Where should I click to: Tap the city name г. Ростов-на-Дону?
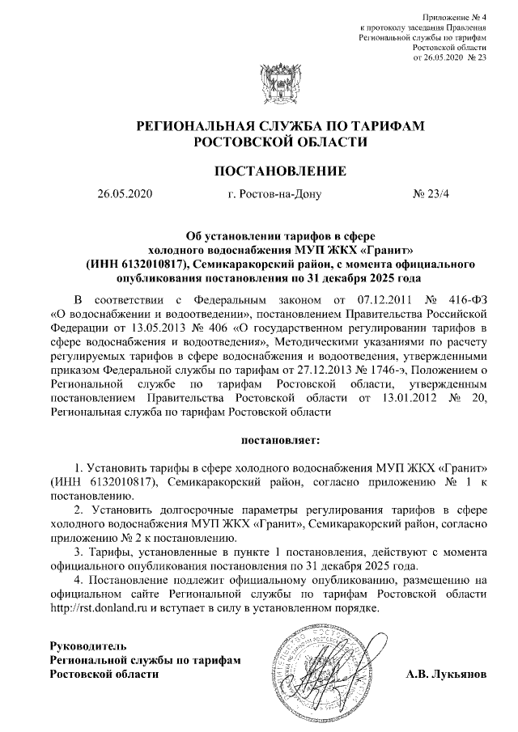275,194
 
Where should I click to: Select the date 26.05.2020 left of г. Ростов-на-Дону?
125,194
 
